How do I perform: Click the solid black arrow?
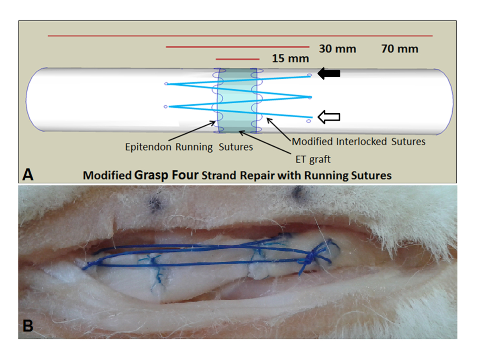[x=329, y=74]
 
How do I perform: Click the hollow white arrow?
[x=329, y=117]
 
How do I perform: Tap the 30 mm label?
[x=337, y=49]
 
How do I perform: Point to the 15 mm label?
[x=290, y=59]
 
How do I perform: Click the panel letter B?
[x=28, y=326]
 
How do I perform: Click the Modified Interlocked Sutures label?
[x=358, y=141]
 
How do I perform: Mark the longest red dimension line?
[x=240, y=36]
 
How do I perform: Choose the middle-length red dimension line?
[x=237, y=47]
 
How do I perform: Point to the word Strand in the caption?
[x=223, y=176]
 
